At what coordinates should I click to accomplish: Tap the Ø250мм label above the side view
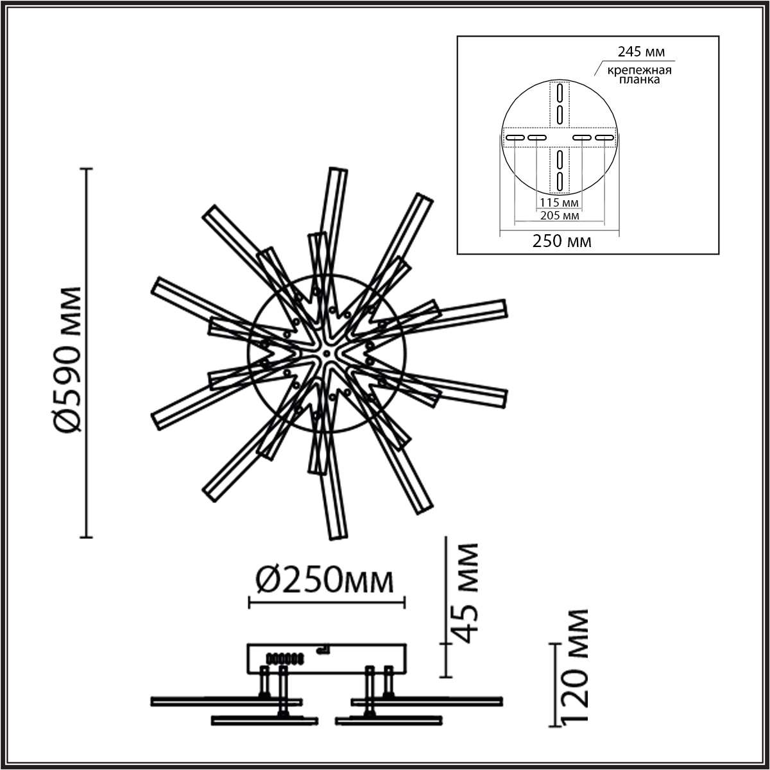(325, 582)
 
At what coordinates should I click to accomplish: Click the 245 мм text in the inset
(641, 51)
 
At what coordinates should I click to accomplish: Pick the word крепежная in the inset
(639, 71)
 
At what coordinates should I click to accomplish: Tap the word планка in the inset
(639, 80)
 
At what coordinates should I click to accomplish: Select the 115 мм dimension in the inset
(559, 203)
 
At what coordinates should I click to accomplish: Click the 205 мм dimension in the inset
(559, 216)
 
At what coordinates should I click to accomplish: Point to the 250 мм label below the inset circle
(562, 241)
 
